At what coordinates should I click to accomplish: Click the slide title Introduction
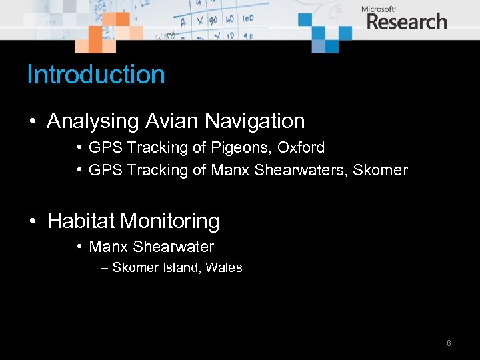coord(95,74)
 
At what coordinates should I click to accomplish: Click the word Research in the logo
coord(406,22)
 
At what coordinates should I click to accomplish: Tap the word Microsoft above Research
coord(379,9)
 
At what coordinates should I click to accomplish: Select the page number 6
coord(449,343)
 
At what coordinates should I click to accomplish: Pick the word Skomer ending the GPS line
coord(380,170)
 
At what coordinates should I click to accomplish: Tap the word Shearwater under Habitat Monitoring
coord(173,247)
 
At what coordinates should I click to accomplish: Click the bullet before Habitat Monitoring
coord(32,221)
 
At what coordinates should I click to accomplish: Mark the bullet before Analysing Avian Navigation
coord(32,121)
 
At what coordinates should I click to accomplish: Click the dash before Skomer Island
coord(104,268)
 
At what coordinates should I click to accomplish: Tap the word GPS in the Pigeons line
coord(103,147)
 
